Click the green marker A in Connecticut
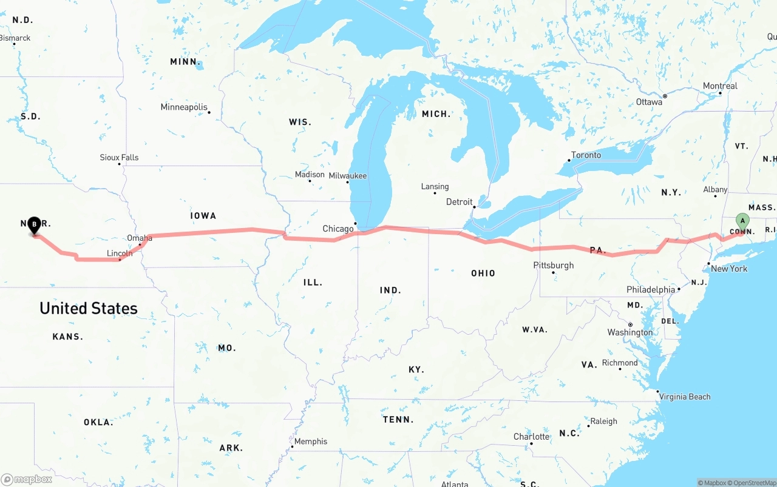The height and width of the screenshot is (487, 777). click(x=742, y=221)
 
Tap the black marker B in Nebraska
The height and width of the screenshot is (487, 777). click(x=35, y=225)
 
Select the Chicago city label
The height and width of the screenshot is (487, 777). click(x=338, y=229)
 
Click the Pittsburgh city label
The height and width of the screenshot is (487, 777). click(x=553, y=265)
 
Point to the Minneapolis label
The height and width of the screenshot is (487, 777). click(x=184, y=107)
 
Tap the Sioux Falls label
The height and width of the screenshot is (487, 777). click(x=119, y=157)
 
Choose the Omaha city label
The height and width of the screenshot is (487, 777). click(x=140, y=238)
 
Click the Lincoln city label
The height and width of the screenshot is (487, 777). click(x=120, y=253)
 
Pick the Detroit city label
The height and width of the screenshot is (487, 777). click(x=459, y=201)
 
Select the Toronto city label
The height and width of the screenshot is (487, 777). click(x=586, y=155)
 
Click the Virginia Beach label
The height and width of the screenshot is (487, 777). click(x=685, y=397)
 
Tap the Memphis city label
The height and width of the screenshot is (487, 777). click(x=311, y=441)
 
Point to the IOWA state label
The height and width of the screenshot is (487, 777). click(x=203, y=215)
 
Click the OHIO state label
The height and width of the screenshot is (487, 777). click(x=483, y=273)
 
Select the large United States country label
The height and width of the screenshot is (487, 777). click(x=89, y=308)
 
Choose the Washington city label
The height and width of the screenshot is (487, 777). click(x=630, y=332)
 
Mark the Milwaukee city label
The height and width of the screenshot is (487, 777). click(x=348, y=175)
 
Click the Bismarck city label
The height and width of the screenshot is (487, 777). click(x=15, y=38)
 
